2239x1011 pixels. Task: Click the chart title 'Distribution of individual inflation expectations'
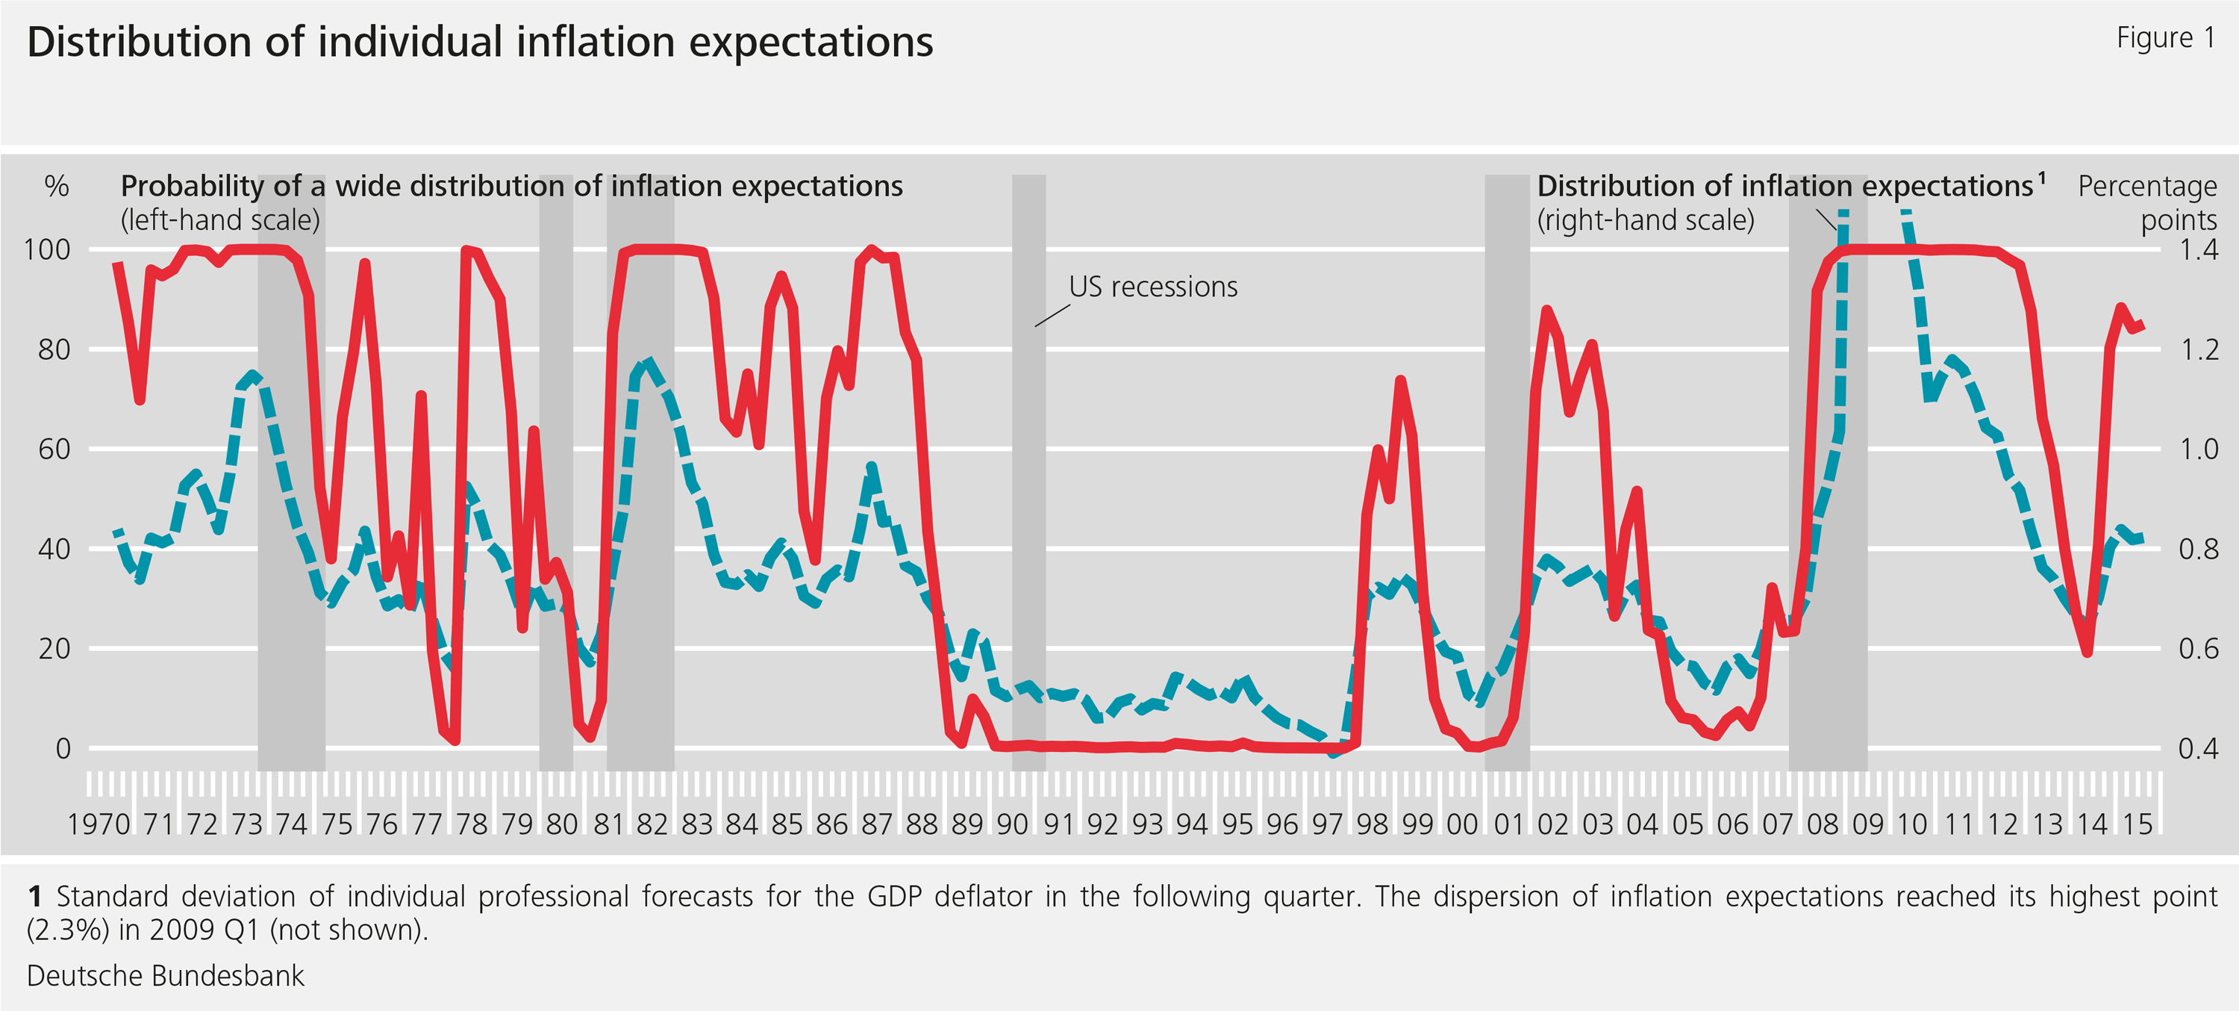[x=480, y=42]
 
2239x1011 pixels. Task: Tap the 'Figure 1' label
[x=2164, y=37]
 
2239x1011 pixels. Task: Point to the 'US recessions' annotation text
[x=1152, y=287]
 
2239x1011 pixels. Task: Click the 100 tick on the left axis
[x=47, y=249]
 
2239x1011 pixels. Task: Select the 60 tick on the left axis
[x=54, y=449]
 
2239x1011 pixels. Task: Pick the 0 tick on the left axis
[x=63, y=748]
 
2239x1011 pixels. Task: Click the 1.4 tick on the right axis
[x=2198, y=249]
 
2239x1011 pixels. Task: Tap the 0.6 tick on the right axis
[x=2198, y=649]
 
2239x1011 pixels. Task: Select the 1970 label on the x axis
[x=99, y=824]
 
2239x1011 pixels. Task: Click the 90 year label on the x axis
[x=1012, y=824]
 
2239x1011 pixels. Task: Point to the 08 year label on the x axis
[x=1822, y=824]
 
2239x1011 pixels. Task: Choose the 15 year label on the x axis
[x=2137, y=824]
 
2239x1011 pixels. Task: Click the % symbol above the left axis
[x=57, y=186]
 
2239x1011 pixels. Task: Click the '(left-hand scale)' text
[x=220, y=220]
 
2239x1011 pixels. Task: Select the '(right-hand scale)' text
[x=1646, y=220]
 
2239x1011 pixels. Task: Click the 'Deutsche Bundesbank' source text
[x=165, y=975]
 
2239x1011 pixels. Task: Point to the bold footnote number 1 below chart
[x=35, y=896]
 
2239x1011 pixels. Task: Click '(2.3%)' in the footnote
[x=68, y=930]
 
